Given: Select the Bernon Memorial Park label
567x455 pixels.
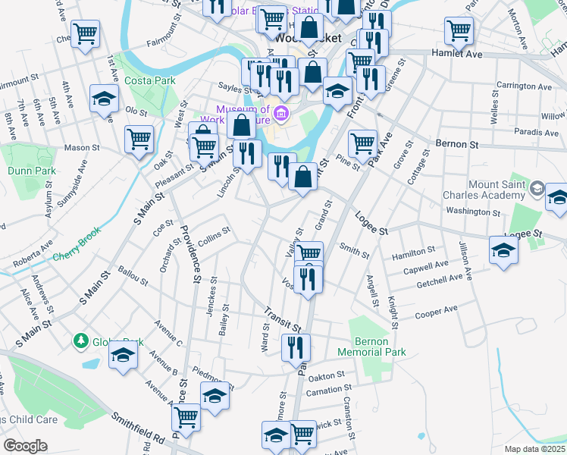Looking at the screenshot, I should pos(378,347).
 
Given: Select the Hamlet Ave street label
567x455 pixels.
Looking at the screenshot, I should pos(457,55).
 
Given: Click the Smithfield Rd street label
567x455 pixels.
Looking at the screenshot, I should pos(137,428).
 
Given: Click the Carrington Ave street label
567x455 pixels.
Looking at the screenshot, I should pos(524,86).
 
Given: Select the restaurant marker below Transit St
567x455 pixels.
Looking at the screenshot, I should pos(295,347).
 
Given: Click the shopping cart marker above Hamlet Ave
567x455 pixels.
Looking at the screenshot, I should pos(459,30).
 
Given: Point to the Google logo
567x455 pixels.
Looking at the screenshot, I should pos(25,446).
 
